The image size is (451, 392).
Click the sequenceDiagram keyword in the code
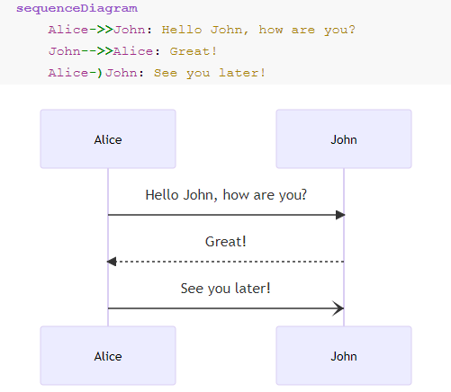[77, 9]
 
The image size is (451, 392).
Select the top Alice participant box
[108, 138]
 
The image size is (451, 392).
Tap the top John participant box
[344, 138]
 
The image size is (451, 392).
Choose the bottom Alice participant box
[108, 355]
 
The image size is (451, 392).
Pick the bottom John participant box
[344, 355]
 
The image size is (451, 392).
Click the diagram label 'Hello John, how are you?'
[226, 195]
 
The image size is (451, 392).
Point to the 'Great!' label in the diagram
[226, 242]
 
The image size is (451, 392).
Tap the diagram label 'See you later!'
[226, 289]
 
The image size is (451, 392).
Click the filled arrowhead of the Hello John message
[340, 215]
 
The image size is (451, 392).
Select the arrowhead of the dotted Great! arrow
[112, 262]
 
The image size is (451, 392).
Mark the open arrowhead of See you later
[338, 308]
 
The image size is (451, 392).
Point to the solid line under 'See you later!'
[226, 308]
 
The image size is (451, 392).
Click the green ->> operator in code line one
[101, 30]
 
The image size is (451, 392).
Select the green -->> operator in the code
[97, 51]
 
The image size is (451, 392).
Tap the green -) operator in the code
[96, 73]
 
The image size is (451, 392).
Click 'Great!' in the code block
[193, 51]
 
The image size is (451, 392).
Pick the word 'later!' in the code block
[242, 73]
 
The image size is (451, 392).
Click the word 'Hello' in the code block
[182, 30]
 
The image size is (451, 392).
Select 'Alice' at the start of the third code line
[68, 73]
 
